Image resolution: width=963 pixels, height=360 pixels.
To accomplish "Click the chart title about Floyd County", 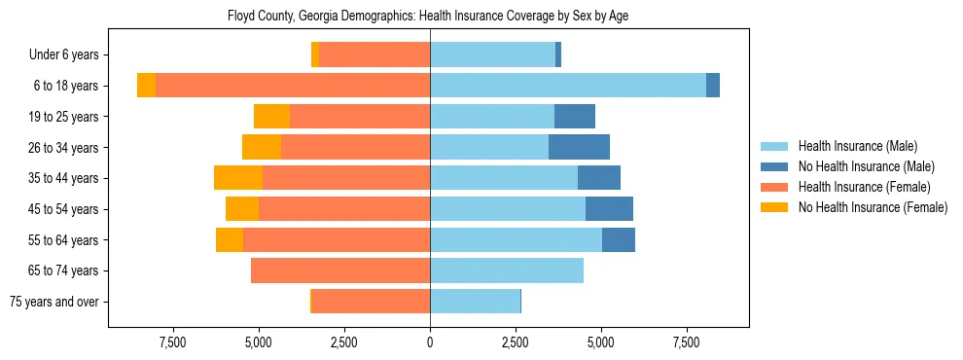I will coord(428,17).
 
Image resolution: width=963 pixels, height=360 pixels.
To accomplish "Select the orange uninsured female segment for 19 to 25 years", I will coord(271,117).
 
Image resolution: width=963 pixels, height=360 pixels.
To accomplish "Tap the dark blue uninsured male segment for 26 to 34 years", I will coord(579,147).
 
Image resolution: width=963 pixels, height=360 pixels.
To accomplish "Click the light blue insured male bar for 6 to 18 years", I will coord(568,86).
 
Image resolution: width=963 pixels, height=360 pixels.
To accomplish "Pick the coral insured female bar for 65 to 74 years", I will coord(340,270).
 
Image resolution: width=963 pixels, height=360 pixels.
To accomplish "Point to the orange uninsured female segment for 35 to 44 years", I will coord(238,178).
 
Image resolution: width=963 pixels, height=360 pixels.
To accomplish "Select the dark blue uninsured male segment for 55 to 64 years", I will coord(619,239).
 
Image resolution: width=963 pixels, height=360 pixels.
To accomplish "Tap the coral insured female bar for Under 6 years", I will coord(374,54).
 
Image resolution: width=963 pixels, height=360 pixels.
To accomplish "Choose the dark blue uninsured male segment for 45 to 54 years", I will coord(609,208).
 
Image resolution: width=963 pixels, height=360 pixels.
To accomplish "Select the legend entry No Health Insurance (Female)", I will coord(873,207).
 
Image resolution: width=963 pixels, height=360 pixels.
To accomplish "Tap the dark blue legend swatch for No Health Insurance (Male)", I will coord(775,166).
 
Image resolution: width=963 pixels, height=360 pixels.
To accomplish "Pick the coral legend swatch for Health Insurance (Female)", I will coord(775,187).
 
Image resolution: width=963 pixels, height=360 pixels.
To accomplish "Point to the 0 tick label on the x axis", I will coord(430,342).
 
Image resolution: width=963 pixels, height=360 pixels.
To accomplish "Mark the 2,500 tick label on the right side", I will coord(516,342).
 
